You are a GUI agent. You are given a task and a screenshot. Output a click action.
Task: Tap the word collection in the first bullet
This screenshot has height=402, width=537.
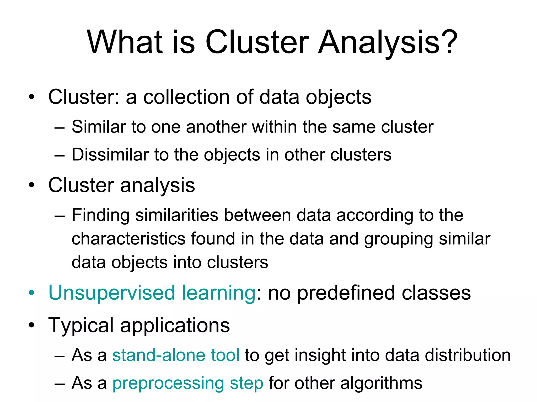coord(186,97)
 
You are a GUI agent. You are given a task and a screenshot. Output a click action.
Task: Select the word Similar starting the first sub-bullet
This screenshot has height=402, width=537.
coord(99,127)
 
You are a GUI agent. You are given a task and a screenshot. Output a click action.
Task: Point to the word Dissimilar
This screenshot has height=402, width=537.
coord(110,155)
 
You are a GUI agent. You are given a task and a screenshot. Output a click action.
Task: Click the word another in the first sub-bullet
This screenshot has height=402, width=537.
coord(216,127)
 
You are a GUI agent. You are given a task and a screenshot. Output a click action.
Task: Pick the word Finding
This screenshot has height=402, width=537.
coord(100,215)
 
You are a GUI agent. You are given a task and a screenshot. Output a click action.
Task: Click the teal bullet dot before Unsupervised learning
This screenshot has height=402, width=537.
coord(32,293)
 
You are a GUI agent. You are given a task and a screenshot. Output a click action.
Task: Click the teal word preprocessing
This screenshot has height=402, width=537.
coord(168,384)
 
